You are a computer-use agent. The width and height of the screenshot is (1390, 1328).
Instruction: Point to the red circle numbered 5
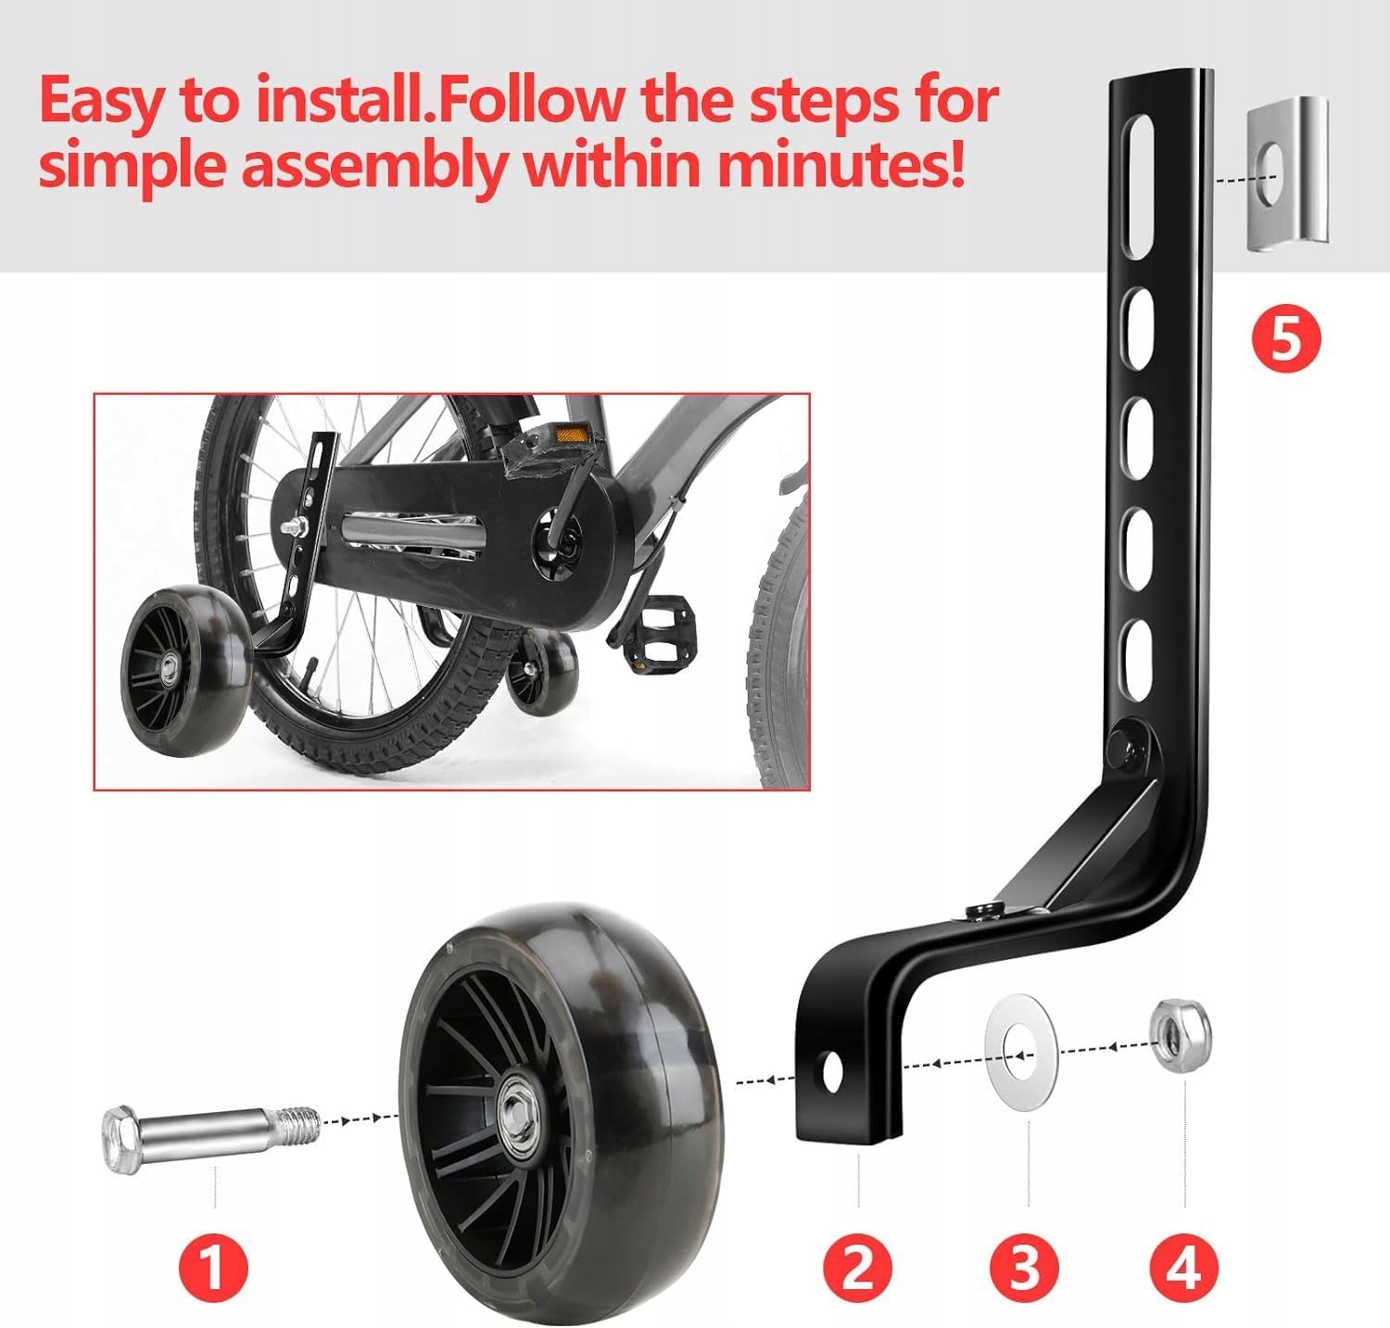[x=1285, y=340]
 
